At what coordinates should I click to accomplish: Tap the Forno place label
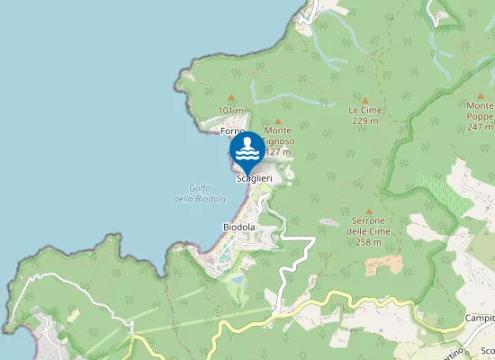tap(232, 131)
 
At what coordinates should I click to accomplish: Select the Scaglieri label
tap(254, 178)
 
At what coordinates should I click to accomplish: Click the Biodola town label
tap(239, 228)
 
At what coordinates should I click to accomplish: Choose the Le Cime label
tap(365, 110)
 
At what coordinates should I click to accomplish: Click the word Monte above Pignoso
tap(278, 130)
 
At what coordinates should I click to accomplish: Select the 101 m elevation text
tap(231, 111)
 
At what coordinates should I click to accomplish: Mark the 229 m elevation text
tap(365, 121)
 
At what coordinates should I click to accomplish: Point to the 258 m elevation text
tap(364, 242)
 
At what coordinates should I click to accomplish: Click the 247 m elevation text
tap(480, 127)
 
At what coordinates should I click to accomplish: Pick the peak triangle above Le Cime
tap(365, 100)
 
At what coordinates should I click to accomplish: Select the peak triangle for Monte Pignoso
tap(278, 121)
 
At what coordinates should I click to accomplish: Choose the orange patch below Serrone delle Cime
tap(384, 265)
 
